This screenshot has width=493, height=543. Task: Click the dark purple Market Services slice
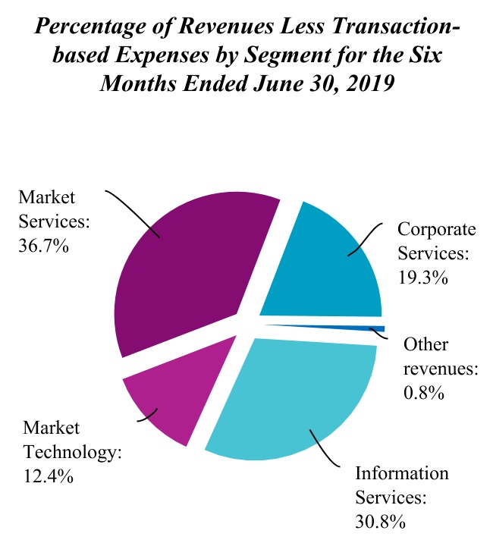[190, 273]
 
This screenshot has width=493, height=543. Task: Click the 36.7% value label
[43, 246]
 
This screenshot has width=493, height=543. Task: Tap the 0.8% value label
[423, 394]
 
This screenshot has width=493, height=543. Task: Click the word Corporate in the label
[437, 229]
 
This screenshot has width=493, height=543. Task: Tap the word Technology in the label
[73, 453]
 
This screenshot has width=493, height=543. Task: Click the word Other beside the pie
[425, 345]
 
